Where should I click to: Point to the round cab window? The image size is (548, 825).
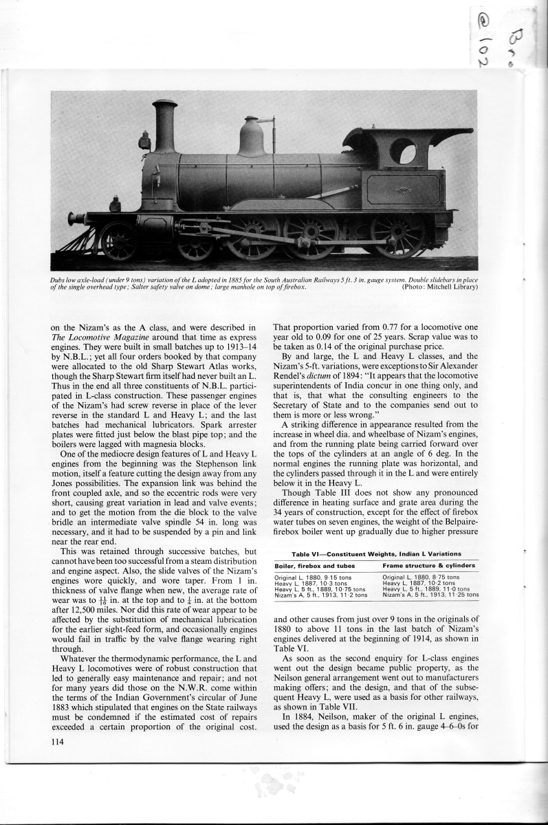click(402, 151)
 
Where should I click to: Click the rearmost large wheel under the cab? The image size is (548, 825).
click(397, 236)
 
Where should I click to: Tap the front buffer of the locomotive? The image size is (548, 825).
click(75, 218)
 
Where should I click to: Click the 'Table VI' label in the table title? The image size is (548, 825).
click(307, 553)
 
